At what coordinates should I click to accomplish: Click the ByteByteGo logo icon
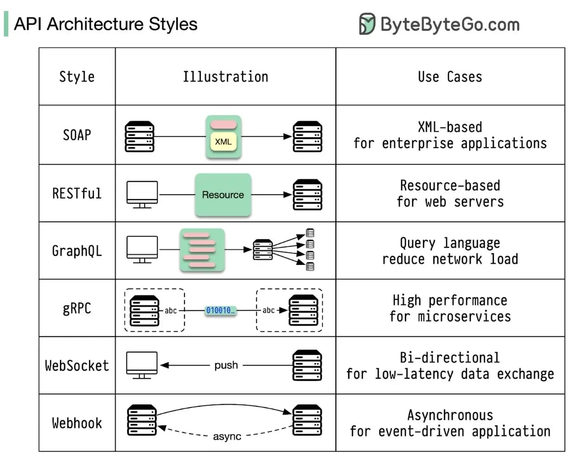[x=367, y=24]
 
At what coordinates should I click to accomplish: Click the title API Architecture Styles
[x=106, y=24]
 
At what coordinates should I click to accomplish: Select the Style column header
[x=77, y=77]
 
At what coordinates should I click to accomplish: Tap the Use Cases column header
[x=450, y=77]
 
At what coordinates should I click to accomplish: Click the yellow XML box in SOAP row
[x=223, y=142]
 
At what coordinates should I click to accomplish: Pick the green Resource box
[x=223, y=195]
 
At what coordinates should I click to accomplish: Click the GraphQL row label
[x=77, y=251]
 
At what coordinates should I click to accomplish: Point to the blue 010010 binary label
[x=220, y=310]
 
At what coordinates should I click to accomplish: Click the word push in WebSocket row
[x=226, y=365]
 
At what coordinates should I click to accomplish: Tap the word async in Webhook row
[x=227, y=436]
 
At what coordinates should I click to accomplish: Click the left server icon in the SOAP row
[x=140, y=136]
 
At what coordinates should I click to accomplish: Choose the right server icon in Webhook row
[x=307, y=420]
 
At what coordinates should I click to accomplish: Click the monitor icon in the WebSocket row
[x=142, y=365]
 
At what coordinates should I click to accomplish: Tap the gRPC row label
[x=77, y=308]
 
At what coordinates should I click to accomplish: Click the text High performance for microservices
[x=450, y=308]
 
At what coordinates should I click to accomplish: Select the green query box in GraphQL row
[x=202, y=250]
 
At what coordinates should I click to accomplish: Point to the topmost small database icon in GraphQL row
[x=310, y=233]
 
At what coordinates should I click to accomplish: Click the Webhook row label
[x=77, y=423]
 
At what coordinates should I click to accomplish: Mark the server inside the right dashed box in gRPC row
[x=303, y=310]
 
